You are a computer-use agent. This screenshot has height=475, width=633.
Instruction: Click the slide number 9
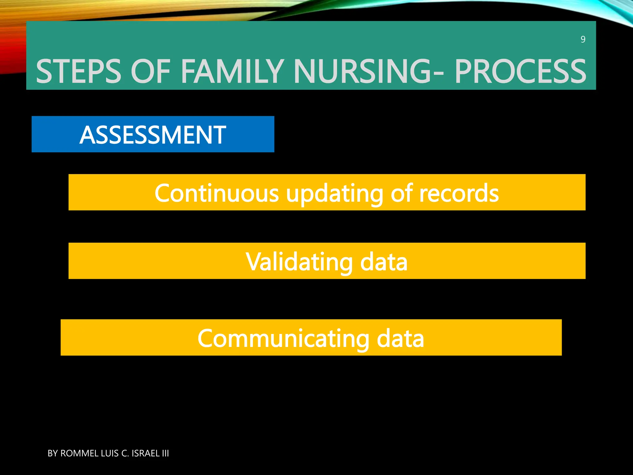pos(583,40)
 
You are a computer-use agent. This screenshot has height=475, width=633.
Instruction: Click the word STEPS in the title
pos(79,71)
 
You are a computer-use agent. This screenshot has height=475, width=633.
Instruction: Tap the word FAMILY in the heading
pos(232,71)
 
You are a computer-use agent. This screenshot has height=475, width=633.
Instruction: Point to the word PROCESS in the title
pos(520,71)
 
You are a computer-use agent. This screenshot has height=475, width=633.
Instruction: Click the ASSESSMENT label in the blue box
pos(153,135)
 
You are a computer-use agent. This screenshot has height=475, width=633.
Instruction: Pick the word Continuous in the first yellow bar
pos(217,193)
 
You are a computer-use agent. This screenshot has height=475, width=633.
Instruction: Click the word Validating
pos(299,262)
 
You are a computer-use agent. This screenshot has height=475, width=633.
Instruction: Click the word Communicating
pos(283,339)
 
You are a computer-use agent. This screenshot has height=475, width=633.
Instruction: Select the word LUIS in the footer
pos(110,453)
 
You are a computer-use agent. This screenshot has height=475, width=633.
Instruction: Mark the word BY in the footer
pos(53,453)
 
